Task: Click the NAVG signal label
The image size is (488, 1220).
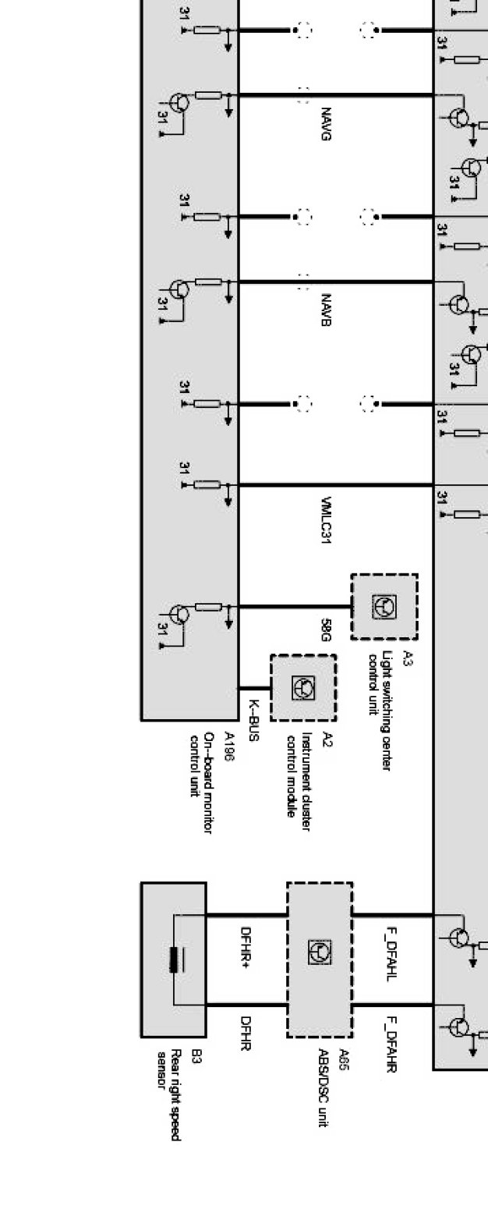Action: coord(325,125)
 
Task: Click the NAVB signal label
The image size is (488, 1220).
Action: coord(325,310)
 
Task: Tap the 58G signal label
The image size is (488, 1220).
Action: coord(326,630)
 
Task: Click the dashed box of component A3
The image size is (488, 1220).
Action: coord(384,607)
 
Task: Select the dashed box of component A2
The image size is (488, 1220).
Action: coord(303,687)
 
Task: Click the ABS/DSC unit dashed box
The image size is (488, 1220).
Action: coord(320,959)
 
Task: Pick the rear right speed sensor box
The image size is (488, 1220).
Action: coord(173,959)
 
